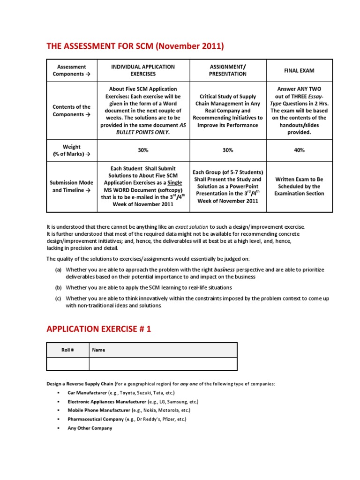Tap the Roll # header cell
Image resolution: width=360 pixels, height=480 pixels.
tap(67, 350)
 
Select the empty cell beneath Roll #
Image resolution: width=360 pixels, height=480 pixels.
tap(67, 364)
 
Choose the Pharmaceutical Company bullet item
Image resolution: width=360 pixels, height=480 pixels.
tap(127, 419)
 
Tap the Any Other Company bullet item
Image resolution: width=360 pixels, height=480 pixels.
tap(90, 428)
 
